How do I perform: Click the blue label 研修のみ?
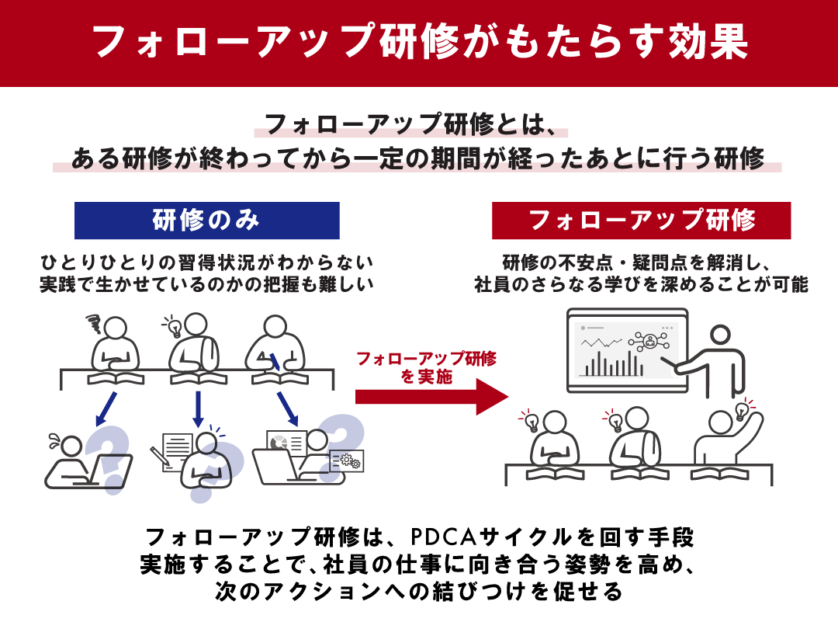(206, 221)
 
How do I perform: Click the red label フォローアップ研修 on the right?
(641, 221)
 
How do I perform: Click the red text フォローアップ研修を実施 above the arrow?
(426, 367)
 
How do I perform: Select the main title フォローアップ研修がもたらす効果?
(419, 43)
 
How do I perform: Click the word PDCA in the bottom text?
(445, 537)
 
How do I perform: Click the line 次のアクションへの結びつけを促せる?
(419, 593)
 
